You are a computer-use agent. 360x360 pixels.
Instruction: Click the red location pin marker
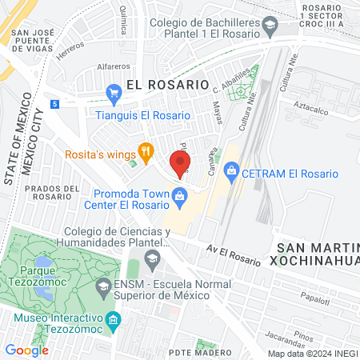182,163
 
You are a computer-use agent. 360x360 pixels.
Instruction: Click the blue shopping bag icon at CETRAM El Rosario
232,170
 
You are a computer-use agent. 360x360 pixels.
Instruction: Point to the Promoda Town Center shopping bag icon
180,195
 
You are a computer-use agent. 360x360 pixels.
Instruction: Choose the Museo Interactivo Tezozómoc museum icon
114,322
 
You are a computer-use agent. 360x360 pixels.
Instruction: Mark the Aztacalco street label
313,105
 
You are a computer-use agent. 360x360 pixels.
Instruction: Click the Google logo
26,350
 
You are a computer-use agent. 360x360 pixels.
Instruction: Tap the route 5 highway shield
54,104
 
